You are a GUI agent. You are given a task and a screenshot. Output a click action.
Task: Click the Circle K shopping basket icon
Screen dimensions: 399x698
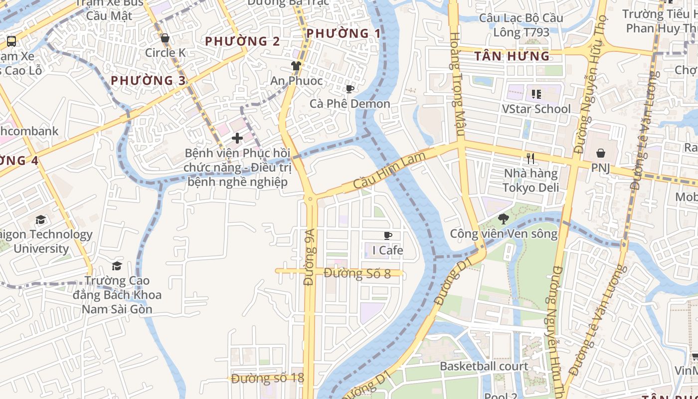point(165,38)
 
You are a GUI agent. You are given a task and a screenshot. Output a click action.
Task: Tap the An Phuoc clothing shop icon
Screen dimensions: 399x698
point(296,65)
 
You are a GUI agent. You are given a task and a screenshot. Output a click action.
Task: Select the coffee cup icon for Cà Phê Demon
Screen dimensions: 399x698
point(350,89)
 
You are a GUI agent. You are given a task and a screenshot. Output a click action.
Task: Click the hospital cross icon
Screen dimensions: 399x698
point(237,138)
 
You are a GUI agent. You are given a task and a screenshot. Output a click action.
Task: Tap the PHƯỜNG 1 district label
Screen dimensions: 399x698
point(344,33)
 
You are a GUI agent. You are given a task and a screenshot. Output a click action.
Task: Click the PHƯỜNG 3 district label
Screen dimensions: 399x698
point(148,80)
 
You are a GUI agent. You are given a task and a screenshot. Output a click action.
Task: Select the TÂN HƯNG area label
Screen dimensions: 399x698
point(512,56)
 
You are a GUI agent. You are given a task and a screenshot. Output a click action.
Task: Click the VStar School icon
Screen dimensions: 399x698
point(536,94)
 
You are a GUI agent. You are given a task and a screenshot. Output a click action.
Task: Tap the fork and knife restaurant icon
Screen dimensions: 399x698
point(530,159)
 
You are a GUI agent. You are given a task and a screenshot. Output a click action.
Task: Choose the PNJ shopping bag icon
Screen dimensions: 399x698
point(601,153)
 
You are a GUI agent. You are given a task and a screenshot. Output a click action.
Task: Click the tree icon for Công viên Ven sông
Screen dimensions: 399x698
point(504,218)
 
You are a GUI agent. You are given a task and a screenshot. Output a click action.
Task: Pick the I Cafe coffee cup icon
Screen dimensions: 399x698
point(388,235)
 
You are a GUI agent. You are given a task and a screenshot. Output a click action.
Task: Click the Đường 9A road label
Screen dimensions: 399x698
point(310,257)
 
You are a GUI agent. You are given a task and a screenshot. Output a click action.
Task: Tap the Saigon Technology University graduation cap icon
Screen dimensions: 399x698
point(40,219)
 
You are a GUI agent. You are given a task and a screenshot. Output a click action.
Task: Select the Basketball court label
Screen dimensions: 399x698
point(484,366)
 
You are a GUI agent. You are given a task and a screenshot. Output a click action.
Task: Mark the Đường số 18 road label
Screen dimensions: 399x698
point(267,378)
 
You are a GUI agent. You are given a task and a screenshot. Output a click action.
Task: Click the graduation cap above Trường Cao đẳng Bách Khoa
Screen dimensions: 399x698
point(117,266)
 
